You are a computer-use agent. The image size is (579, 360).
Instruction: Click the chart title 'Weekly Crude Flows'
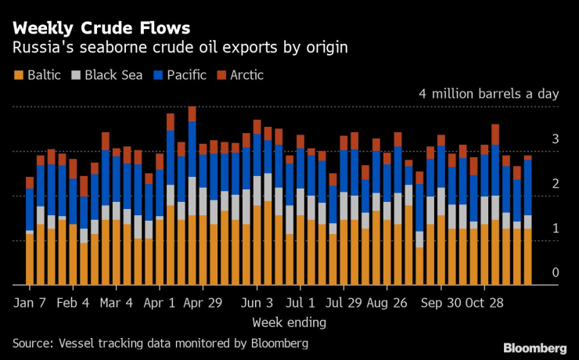click(x=101, y=28)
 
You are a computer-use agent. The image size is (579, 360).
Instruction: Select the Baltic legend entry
click(x=40, y=75)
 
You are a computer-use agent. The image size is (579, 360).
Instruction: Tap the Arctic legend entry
click(x=240, y=75)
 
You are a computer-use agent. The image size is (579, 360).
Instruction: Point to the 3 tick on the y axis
click(x=555, y=139)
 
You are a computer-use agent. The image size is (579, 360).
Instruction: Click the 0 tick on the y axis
click(x=555, y=272)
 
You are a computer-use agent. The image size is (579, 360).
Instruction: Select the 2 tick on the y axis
click(x=555, y=183)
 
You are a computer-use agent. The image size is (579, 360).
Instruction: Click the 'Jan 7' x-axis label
click(x=31, y=301)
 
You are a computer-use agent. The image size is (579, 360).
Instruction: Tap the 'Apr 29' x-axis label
click(x=203, y=301)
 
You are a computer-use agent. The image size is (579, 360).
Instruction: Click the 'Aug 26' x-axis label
click(x=387, y=301)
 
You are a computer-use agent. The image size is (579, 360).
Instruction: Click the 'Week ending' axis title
click(x=289, y=322)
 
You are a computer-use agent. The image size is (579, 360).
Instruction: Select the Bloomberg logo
click(x=534, y=347)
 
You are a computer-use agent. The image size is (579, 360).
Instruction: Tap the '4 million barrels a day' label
click(x=489, y=93)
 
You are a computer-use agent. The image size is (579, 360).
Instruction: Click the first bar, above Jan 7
click(x=30, y=231)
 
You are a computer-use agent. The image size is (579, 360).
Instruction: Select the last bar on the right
click(x=527, y=220)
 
